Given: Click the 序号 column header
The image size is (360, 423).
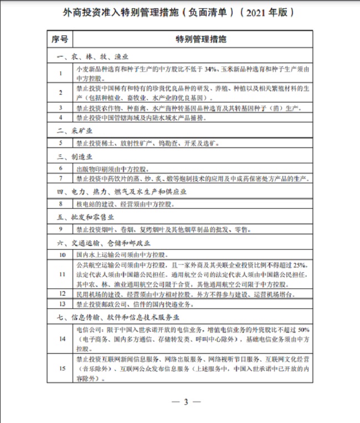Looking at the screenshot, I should click(60, 40).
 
